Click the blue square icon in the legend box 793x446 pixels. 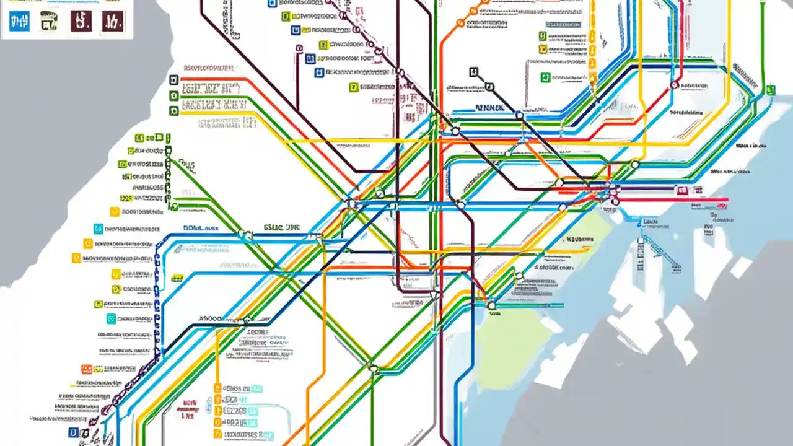pyautogui.click(x=20, y=22)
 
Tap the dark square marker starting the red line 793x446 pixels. pyautogui.click(x=173, y=80)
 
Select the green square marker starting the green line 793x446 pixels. pyautogui.click(x=173, y=95)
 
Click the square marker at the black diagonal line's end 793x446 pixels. pyautogui.click(x=474, y=72)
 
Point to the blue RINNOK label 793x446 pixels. pyautogui.click(x=489, y=107)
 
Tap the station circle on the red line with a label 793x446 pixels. pyautogui.click(x=674, y=85)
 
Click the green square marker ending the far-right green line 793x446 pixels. pyautogui.click(x=771, y=90)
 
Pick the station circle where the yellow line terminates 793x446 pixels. pyautogui.click(x=634, y=164)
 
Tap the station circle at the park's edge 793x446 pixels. pyautogui.click(x=491, y=305)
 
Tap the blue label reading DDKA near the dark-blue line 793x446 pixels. pyautogui.click(x=200, y=228)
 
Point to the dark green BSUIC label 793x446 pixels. pyautogui.click(x=281, y=227)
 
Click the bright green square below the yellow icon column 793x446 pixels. pyautogui.click(x=98, y=304)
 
